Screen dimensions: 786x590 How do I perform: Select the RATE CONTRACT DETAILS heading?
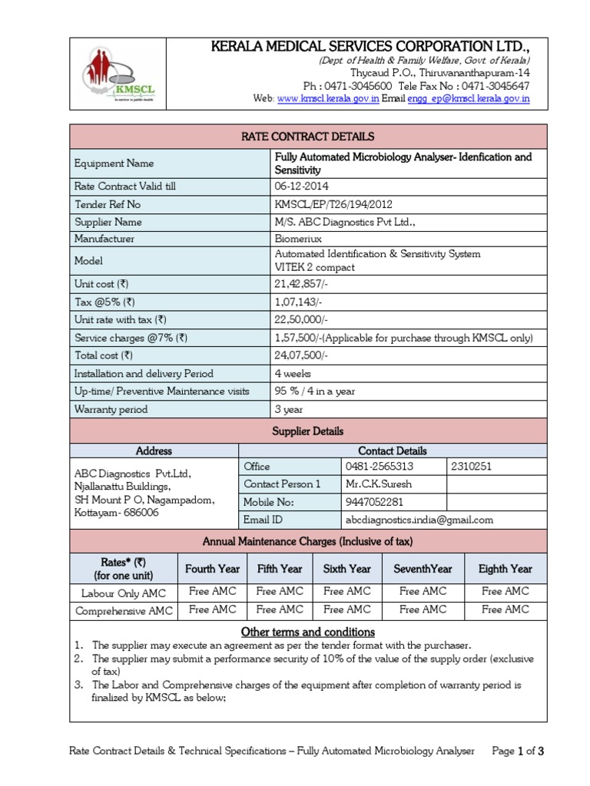(x=308, y=137)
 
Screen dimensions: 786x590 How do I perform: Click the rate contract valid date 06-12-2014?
(x=300, y=187)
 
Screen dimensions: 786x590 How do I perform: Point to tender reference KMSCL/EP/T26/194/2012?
(x=333, y=204)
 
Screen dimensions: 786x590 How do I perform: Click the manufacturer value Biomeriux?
(x=298, y=239)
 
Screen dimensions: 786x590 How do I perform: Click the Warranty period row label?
(x=111, y=409)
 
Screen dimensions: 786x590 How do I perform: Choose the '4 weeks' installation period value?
(x=293, y=374)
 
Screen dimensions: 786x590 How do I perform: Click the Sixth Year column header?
(x=347, y=569)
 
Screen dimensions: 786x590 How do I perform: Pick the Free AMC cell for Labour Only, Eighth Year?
(x=505, y=592)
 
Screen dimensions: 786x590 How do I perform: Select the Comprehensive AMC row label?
(x=123, y=611)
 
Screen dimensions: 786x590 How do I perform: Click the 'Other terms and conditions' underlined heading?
(x=308, y=632)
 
